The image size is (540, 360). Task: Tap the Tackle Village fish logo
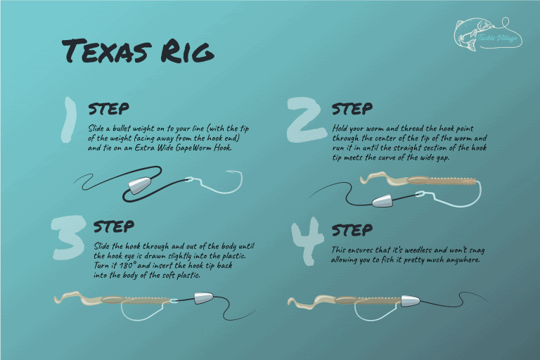[x=487, y=34]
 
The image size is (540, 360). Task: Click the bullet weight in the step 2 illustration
[x=383, y=201]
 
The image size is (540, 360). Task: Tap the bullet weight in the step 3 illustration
[x=205, y=299]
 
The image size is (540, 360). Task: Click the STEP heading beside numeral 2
[x=352, y=109]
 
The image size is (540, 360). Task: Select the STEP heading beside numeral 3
[x=114, y=226]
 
